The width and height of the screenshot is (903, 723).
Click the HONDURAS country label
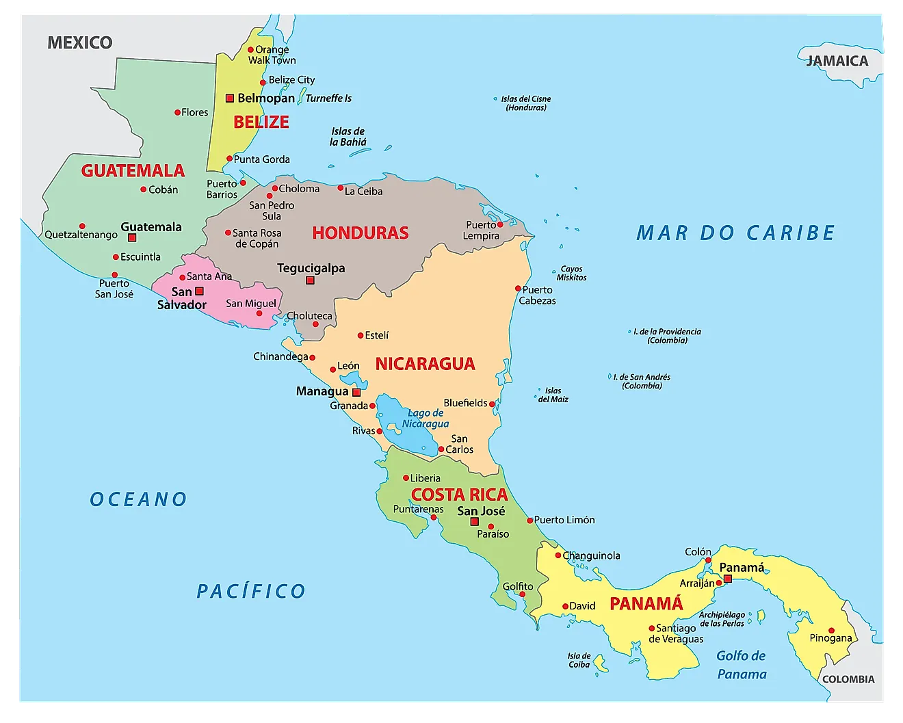click(x=361, y=233)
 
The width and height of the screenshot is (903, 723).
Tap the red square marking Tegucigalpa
click(x=310, y=280)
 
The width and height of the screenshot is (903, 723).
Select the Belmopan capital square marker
click(x=230, y=98)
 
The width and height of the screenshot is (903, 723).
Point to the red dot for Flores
click(x=177, y=112)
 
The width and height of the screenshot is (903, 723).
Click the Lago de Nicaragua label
click(x=426, y=418)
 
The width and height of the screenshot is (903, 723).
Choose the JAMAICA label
click(x=837, y=61)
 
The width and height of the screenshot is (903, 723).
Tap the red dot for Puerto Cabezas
click(x=518, y=289)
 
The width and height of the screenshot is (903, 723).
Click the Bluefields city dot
click(x=492, y=404)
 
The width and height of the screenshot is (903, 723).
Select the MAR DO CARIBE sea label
click(x=735, y=233)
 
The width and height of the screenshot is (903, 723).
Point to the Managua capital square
click(x=356, y=393)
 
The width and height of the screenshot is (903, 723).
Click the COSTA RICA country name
click(x=459, y=495)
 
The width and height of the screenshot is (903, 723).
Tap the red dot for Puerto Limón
click(x=529, y=521)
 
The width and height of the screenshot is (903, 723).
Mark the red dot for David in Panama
click(x=565, y=606)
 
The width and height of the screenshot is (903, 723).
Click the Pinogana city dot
click(x=831, y=631)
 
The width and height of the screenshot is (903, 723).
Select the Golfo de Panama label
click(x=742, y=665)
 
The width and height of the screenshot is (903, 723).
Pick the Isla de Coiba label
click(x=579, y=660)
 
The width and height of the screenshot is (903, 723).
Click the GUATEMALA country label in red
click(x=133, y=170)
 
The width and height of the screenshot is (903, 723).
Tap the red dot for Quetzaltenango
click(x=82, y=226)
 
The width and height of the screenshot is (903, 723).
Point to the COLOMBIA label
click(x=848, y=679)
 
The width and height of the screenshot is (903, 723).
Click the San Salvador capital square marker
click(x=199, y=291)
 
